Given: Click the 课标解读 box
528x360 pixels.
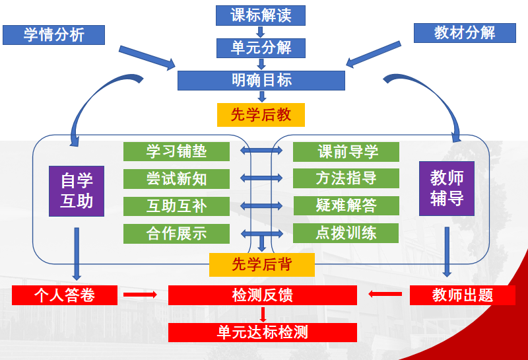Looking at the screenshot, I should coord(261,15).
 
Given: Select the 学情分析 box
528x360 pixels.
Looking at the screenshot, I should coord(53,35).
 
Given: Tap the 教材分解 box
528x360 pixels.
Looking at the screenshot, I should coord(465,32).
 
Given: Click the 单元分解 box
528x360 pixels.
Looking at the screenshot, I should coord(261,48).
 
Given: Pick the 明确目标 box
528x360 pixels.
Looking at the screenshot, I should coord(261,81).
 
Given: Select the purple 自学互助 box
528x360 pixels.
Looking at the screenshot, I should coord(77,191).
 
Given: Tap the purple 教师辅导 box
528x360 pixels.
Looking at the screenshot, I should coord(447,188).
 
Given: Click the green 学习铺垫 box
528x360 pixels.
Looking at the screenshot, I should coord(176,151).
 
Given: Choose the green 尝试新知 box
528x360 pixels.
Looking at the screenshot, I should coord(176,178).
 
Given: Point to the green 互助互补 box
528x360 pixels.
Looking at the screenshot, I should coord(176,206).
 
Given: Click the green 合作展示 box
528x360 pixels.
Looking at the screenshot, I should coord(176,233).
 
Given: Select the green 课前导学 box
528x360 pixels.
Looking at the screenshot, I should coord(346,151).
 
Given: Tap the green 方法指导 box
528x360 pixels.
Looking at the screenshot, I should coord(346,178).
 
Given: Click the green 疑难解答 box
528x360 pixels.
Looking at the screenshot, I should coord(346,205).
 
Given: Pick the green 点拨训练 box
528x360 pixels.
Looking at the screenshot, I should coord(346,233).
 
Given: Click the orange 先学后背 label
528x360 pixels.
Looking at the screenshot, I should coord(261,265).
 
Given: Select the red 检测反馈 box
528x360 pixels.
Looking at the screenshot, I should coord(262,295).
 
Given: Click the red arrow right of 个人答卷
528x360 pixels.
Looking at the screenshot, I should coord(140,295).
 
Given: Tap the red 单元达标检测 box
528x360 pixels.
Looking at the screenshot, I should coord(262,332).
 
